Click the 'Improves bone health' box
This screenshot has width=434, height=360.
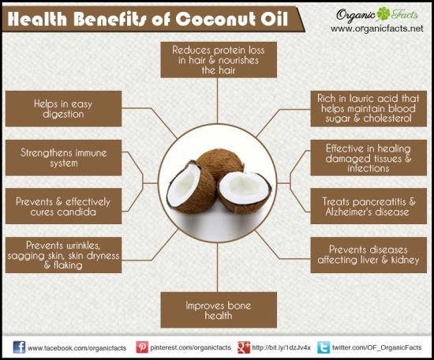click(x=219, y=310)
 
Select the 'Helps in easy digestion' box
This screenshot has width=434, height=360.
click(x=63, y=109)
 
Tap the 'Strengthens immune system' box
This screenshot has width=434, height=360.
click(x=63, y=158)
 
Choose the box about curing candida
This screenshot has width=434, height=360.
click(x=63, y=206)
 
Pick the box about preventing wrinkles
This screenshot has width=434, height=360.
click(x=63, y=255)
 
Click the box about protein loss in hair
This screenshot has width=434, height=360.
click(x=219, y=59)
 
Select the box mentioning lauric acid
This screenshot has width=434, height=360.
click(x=369, y=109)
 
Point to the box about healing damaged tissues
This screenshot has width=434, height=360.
click(x=369, y=158)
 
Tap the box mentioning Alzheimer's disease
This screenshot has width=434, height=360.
click(x=369, y=206)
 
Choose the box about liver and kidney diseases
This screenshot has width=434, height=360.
click(x=369, y=255)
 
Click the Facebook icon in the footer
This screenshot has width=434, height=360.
click(x=19, y=347)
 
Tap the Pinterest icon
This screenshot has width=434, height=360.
click(x=142, y=347)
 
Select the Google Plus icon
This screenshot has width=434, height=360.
click(x=244, y=347)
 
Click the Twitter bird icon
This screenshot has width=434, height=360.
click(x=324, y=347)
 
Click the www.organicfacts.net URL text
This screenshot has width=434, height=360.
click(x=377, y=28)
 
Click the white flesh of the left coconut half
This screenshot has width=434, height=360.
click(x=184, y=186)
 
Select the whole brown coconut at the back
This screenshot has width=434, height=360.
click(x=220, y=164)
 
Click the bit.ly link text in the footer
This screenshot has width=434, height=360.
click(x=281, y=347)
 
